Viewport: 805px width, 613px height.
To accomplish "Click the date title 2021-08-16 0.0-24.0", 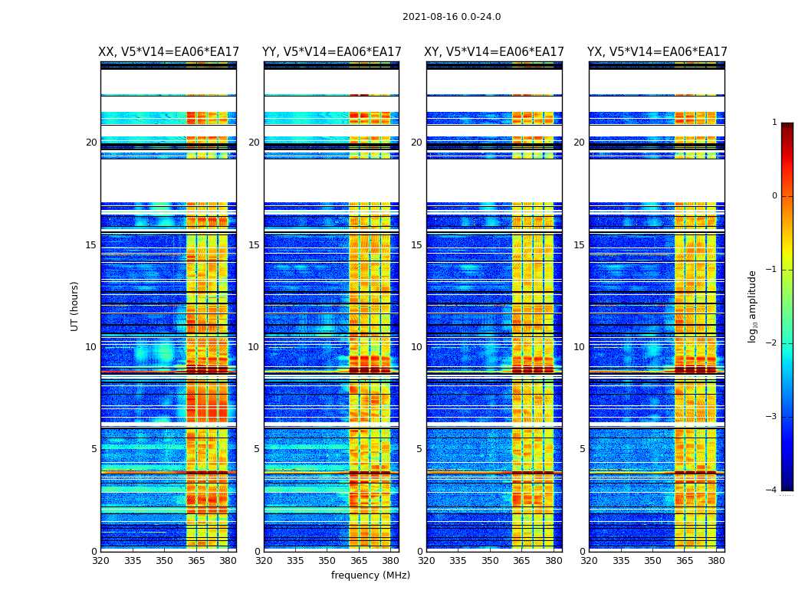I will coord(452,17).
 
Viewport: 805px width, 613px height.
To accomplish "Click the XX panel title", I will coord(169,52).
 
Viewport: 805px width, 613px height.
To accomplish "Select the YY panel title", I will coord(331,52).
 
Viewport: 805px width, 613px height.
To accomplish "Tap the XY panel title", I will coord(495,52).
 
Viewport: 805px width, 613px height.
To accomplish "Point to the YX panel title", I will coord(657,52).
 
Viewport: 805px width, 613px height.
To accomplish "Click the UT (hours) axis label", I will coord(74,306).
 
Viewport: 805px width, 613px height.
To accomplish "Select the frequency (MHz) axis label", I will coord(370,575).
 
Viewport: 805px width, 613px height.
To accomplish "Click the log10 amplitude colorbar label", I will coord(753,306).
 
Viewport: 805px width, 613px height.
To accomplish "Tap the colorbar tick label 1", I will coord(774,123).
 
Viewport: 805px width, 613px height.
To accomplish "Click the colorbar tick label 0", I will coord(774,196).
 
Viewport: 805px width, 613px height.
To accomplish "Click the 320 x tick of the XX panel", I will coord(100,560).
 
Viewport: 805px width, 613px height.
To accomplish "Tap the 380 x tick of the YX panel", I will coord(716,560).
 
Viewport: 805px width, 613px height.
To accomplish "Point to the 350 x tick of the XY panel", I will coord(490,560).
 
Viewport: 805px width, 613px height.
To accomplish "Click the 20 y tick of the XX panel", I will coord(91,143).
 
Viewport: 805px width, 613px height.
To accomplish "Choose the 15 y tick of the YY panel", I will coord(254,245).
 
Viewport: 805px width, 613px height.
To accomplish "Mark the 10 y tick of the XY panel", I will coord(416,347).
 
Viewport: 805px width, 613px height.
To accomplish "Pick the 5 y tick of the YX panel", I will coord(582,449).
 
